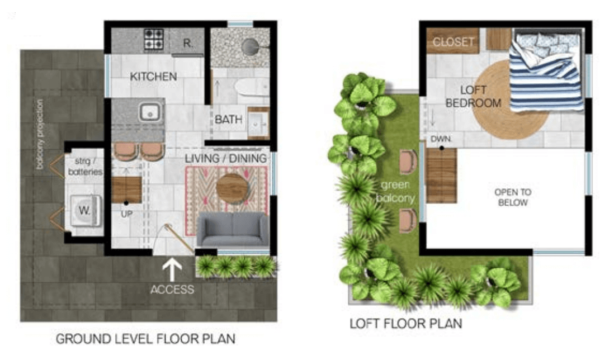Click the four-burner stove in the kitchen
153,39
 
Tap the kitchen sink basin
149,112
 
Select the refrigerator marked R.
187,42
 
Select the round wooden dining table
232,188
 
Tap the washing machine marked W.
86,211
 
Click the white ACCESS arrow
172,270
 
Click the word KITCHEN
153,76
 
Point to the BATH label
228,120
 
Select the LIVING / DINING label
225,159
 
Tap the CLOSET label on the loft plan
453,41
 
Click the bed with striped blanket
545,70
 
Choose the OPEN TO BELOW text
513,197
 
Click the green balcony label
395,191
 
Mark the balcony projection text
40,134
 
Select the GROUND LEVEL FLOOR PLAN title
145,339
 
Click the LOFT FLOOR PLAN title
405,324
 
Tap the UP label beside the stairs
126,214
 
